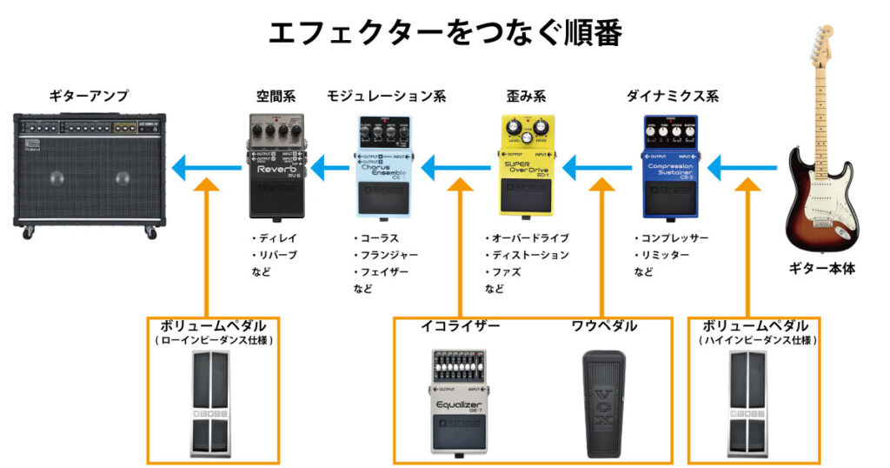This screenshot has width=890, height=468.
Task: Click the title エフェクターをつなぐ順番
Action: click(x=444, y=32)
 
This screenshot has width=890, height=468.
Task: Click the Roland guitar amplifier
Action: click(x=90, y=174)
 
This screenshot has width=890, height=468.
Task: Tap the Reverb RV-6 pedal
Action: click(x=277, y=165)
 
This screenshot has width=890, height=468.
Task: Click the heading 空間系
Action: click(x=276, y=95)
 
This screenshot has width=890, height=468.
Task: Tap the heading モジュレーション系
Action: click(x=386, y=95)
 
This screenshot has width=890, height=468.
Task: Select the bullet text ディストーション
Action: click(x=529, y=255)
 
